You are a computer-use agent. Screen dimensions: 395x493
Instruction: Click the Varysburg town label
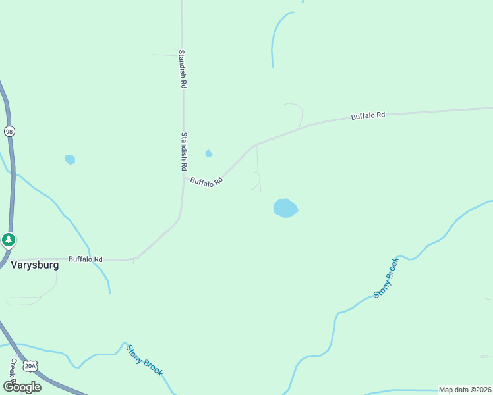(34, 265)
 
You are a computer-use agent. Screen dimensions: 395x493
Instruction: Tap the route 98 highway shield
(9, 131)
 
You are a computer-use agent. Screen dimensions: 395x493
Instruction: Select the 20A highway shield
(30, 366)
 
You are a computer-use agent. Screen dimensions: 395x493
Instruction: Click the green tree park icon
(8, 240)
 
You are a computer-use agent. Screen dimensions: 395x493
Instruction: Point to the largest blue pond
(285, 208)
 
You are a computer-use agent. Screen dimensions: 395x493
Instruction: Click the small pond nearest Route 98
(69, 159)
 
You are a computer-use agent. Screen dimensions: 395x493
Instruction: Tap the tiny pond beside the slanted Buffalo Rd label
(209, 153)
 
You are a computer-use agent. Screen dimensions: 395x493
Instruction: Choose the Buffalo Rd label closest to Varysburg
(86, 259)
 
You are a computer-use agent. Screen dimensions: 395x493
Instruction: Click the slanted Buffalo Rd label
(206, 181)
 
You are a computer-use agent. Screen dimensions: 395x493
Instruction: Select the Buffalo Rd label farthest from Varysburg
(368, 116)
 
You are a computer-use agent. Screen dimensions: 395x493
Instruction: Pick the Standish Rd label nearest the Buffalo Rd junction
(185, 151)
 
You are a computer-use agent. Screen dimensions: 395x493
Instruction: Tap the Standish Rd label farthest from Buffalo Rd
(183, 68)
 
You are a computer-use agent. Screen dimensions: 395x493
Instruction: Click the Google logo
(22, 386)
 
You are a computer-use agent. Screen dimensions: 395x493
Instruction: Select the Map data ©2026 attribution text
(465, 390)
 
